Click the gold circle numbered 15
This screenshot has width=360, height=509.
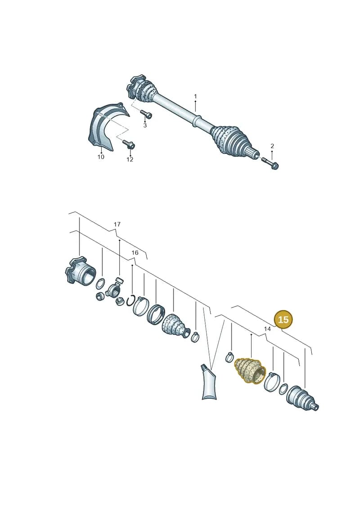point(283,320)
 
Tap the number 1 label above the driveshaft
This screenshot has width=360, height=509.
point(195,96)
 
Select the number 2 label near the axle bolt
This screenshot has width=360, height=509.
point(272,146)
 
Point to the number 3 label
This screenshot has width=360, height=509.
point(145,125)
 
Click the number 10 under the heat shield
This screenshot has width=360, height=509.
point(101,157)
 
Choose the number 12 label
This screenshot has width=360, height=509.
point(130,159)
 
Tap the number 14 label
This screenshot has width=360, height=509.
point(267,329)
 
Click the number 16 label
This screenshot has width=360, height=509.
point(135,252)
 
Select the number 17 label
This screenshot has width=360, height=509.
point(117,224)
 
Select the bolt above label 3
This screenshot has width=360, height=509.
point(146,114)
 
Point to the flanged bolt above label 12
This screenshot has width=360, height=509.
point(129,144)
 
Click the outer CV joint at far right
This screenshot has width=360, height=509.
point(302,398)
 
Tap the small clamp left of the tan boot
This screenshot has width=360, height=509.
point(229,357)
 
